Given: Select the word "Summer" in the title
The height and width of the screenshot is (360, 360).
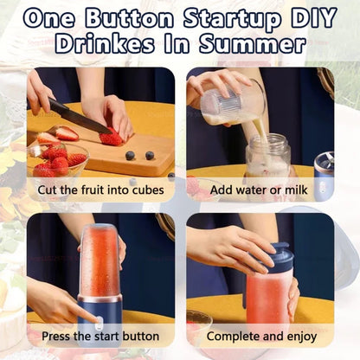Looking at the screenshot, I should [x=256, y=43].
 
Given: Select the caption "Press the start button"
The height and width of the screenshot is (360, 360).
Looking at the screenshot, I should [x=94, y=336].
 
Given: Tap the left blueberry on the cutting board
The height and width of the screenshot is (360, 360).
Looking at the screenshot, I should [x=130, y=156].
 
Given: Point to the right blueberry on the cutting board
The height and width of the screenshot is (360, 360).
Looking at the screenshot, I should [x=150, y=156].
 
